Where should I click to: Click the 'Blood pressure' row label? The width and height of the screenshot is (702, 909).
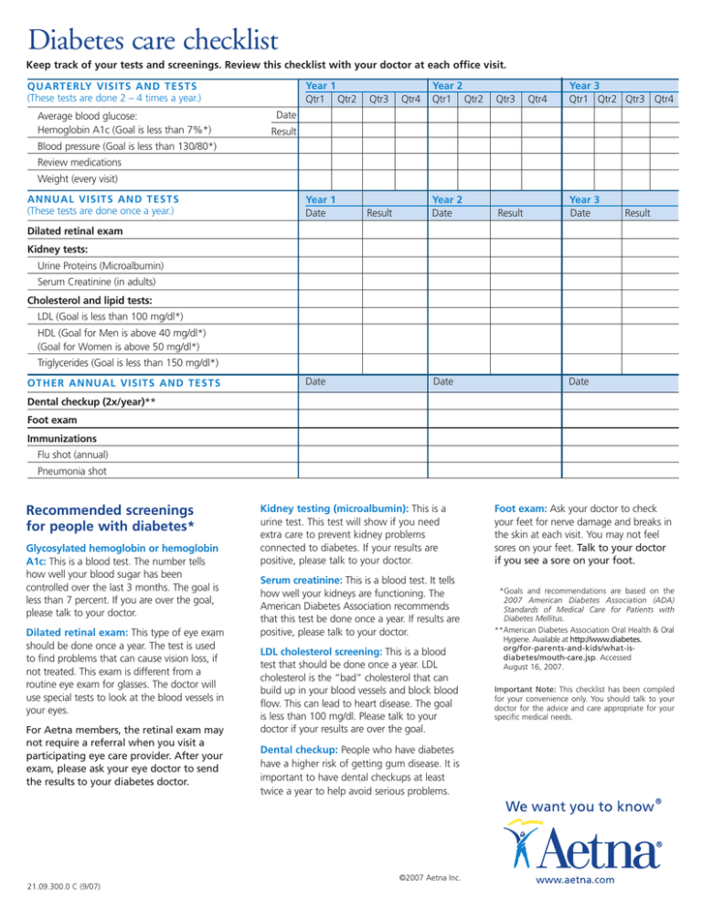[119, 147]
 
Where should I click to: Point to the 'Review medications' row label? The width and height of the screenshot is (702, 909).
[72, 162]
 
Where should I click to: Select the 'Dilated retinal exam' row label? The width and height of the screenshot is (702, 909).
[75, 232]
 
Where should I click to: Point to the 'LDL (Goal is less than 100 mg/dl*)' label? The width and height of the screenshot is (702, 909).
[117, 316]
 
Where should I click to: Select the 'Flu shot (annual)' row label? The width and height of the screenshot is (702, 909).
[72, 454]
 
